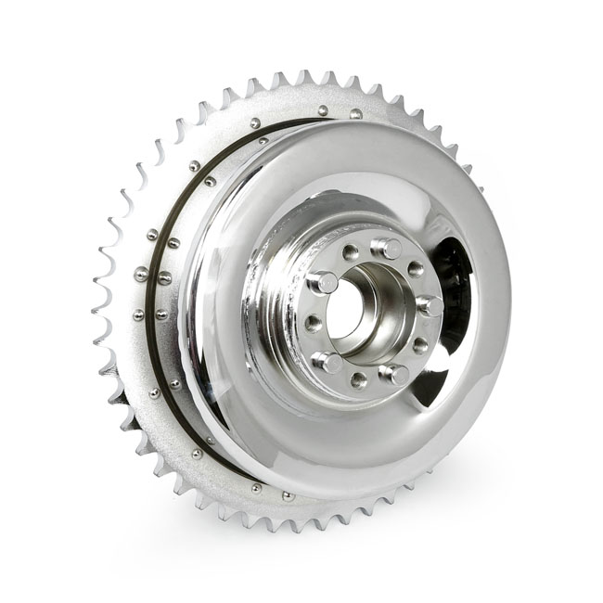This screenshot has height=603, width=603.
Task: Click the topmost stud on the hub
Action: click(387, 249)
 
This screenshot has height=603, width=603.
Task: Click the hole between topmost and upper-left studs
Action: click(351, 252)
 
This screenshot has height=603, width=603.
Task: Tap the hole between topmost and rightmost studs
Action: click(415, 270)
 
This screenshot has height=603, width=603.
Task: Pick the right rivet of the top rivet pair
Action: click(355, 114)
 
